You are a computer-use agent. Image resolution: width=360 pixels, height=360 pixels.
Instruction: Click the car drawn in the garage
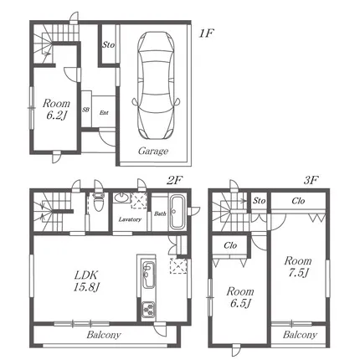point(156,85)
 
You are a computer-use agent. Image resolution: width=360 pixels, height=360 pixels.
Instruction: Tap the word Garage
point(153,152)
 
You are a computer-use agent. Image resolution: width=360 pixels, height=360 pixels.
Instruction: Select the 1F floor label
point(206,33)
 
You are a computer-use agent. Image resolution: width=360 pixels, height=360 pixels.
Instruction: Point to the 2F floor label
point(174,181)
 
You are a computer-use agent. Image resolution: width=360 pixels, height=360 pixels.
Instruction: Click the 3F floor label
point(311,181)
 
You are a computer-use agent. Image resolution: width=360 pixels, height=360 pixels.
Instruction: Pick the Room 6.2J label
point(56,109)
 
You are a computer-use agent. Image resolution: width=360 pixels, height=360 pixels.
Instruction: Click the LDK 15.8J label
point(86,281)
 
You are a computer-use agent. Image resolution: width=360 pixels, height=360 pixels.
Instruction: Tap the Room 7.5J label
point(298,267)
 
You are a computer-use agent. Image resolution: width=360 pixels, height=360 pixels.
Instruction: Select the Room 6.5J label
point(240,297)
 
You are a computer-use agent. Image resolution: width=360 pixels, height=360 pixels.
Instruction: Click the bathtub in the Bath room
point(176,212)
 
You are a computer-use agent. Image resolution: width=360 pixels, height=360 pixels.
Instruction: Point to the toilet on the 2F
point(98,200)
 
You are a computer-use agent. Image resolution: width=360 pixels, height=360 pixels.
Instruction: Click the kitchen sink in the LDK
point(148,275)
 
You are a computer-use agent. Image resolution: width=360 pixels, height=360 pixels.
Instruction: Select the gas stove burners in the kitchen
point(148,309)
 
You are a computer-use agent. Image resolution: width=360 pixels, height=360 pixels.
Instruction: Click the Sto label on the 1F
point(108,44)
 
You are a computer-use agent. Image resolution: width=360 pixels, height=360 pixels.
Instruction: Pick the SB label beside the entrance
point(85,110)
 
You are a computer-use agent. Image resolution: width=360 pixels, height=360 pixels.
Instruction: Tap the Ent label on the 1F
point(104,113)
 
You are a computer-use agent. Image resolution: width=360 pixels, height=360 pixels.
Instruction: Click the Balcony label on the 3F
point(300,335)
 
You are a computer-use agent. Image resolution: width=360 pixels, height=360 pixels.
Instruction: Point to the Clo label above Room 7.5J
point(298,201)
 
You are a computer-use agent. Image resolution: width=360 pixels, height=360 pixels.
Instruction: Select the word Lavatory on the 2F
point(130,219)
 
